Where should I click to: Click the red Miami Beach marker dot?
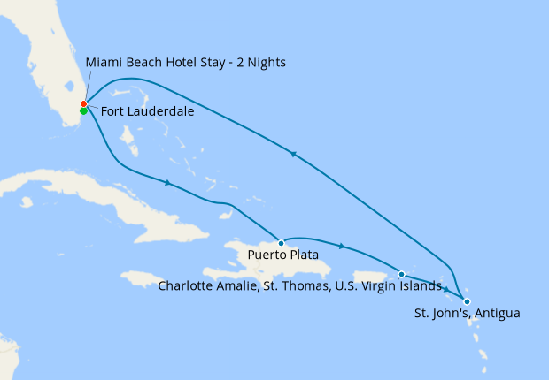point(83,104)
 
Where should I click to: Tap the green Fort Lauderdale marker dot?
point(83,111)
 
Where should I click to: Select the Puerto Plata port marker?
point(281,242)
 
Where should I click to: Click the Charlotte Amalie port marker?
point(402,274)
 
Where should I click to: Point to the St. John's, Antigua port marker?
point(467,302)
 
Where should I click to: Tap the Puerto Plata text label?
point(283,256)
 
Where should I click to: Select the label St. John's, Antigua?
point(467,314)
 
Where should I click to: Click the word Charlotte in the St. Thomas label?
point(187,285)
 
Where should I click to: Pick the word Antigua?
point(496,314)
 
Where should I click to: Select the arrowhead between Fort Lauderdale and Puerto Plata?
point(167,183)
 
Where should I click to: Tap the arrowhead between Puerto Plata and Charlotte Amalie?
point(342,247)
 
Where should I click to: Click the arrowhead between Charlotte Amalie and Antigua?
point(446,291)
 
